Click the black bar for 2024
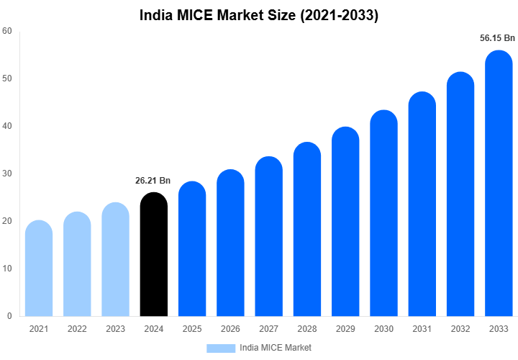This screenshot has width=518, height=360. point(153,256)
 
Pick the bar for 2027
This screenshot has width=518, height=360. point(268,238)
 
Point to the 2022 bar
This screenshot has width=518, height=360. point(77,265)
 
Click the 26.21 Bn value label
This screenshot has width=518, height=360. point(153,181)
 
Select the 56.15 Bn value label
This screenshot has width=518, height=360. point(498,37)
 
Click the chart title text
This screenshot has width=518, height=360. point(258,15)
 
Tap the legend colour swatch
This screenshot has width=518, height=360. point(221,348)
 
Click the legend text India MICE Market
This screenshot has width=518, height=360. point(276,348)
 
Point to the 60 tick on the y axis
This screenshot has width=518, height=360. point(6,31)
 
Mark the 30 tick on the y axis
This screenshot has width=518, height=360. point(6,174)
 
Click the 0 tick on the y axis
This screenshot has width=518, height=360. point(9,316)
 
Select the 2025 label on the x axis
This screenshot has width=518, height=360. point(191,329)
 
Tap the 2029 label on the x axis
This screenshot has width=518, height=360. point(345,329)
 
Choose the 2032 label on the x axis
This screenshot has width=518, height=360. point(460,329)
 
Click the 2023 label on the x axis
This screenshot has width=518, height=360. point(115,329)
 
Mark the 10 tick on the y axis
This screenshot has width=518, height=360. point(6,269)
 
